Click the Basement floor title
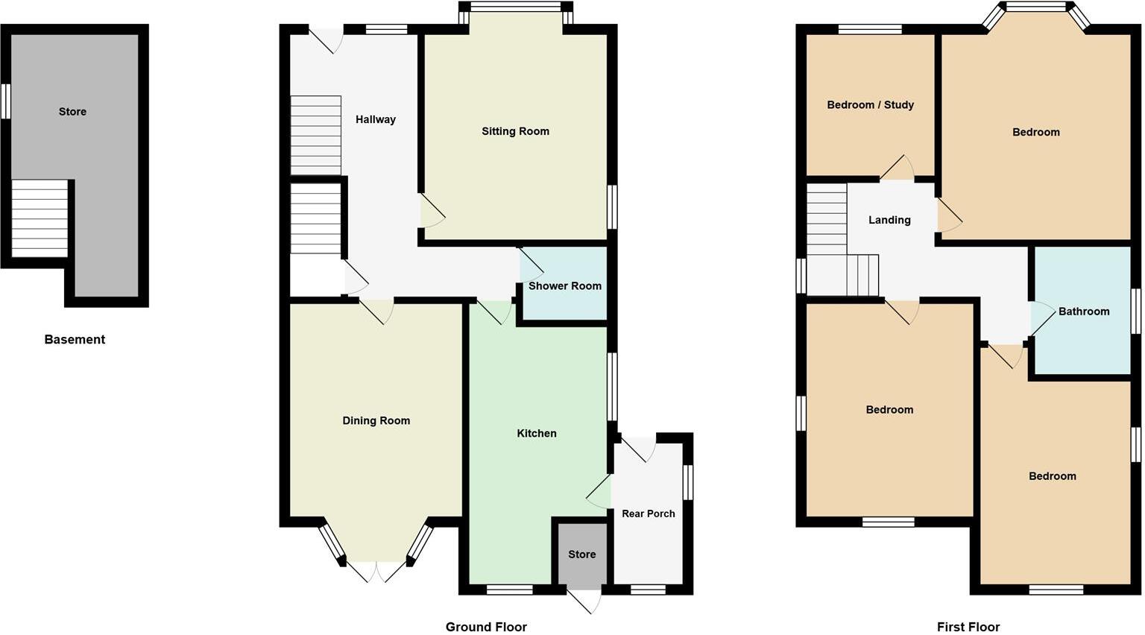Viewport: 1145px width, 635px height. tap(75, 340)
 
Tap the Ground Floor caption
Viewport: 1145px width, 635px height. tap(486, 627)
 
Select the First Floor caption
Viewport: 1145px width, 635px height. tap(968, 627)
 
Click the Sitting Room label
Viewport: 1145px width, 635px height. tap(515, 131)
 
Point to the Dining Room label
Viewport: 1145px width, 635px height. tap(376, 420)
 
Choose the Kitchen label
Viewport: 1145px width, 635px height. tap(537, 433)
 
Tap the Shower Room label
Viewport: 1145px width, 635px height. tap(564, 286)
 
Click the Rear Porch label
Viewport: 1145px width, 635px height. tap(649, 514)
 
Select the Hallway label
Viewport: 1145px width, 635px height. tap(375, 119)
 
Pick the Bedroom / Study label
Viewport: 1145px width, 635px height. tap(870, 105)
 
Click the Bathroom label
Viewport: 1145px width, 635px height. tap(1084, 312)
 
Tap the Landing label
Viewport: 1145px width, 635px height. tap(889, 220)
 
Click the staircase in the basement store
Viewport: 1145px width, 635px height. tap(40, 218)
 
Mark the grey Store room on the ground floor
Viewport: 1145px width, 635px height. tap(581, 554)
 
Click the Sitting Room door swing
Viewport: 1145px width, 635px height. tap(432, 212)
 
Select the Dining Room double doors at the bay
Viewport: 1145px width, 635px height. tap(376, 571)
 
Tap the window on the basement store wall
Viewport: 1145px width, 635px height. tap(5, 101)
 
